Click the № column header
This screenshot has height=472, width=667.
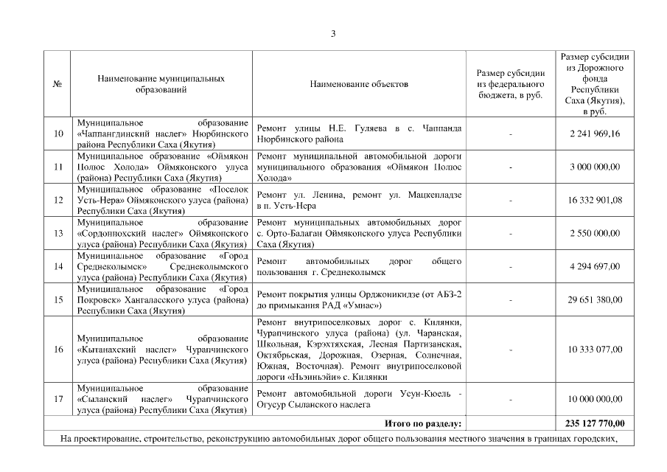point(57,84)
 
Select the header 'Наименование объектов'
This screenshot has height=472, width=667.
point(359,84)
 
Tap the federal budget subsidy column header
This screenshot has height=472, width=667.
point(511,84)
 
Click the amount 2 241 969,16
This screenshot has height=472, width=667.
point(595,133)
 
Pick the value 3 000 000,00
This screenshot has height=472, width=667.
point(595,167)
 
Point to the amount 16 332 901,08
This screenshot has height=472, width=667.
point(595,200)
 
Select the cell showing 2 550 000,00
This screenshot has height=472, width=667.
point(595,233)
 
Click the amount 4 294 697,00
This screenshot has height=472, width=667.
point(595,266)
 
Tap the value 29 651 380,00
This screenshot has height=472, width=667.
point(595,299)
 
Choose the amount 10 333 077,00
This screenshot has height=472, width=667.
point(595,350)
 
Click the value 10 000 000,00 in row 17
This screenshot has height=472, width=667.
point(595,399)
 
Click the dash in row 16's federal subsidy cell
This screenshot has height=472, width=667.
point(511,350)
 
